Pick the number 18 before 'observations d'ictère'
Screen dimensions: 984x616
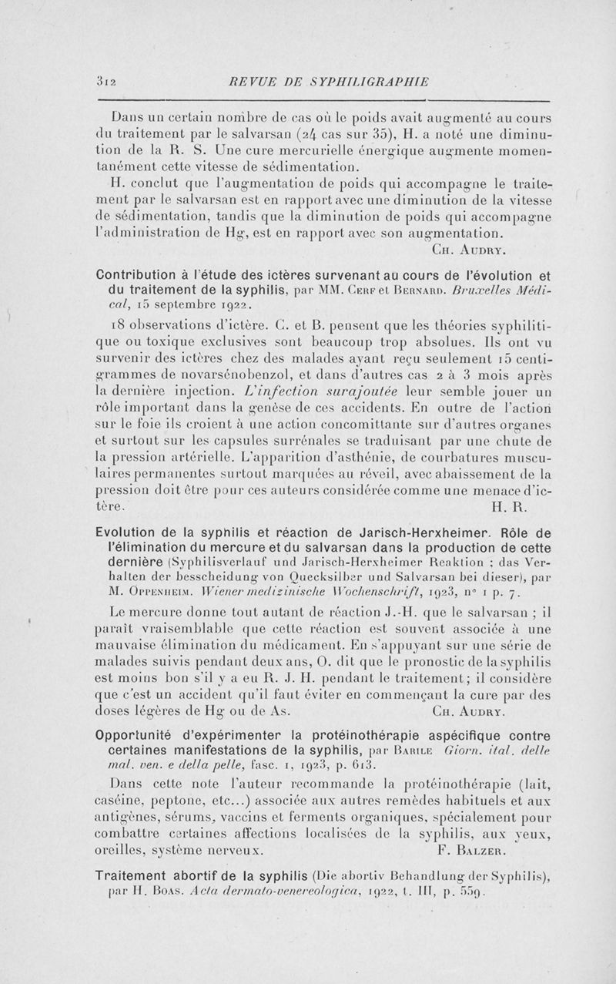[x=119, y=328]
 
